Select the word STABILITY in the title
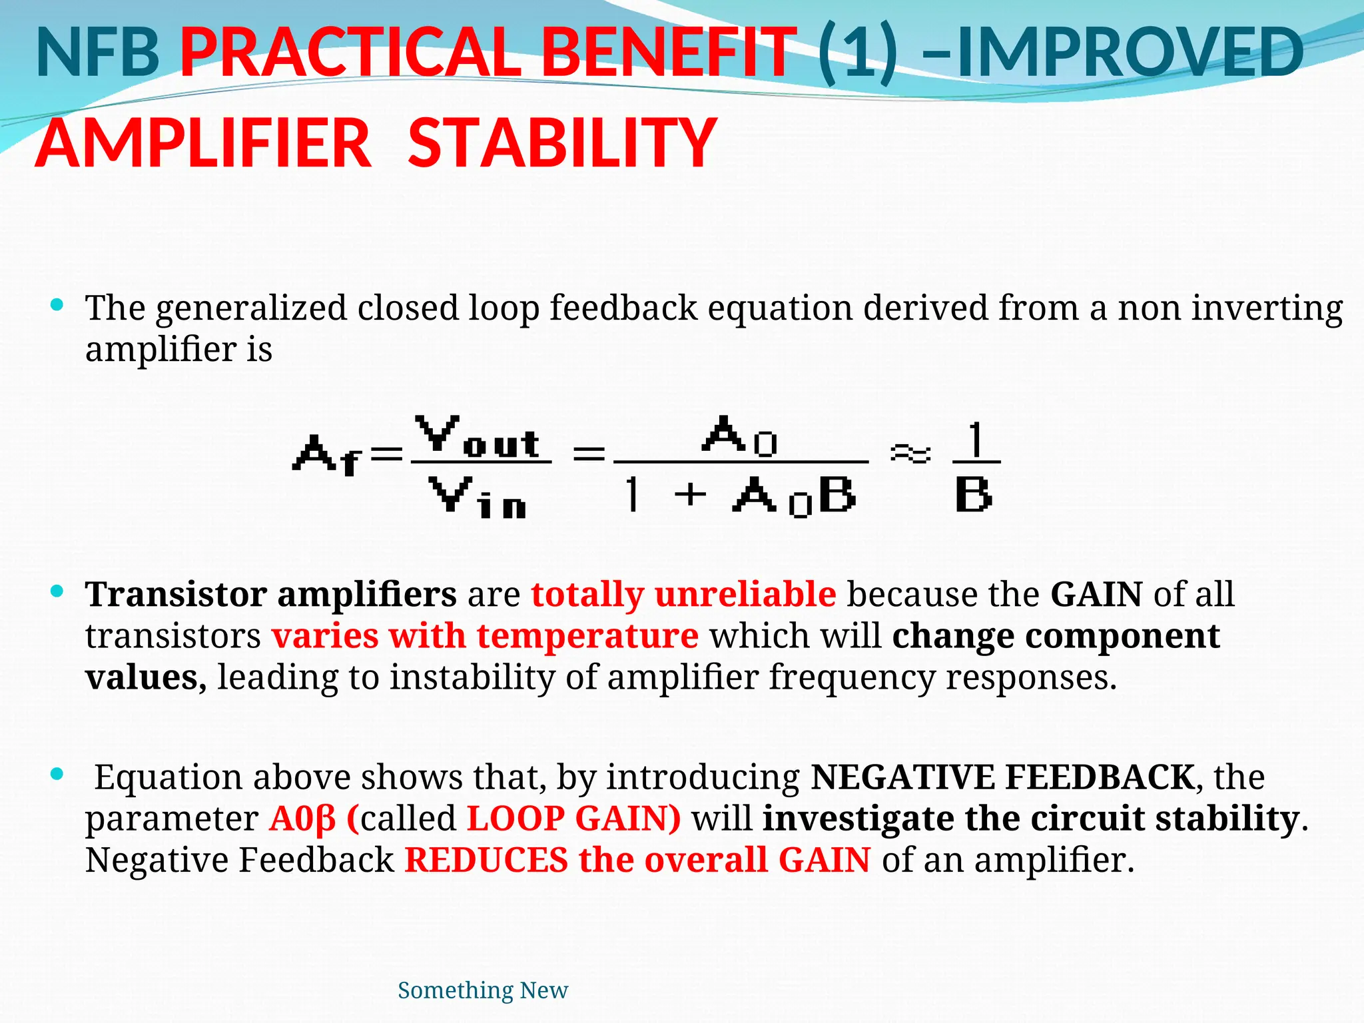tap(562, 143)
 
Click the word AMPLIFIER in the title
tap(203, 143)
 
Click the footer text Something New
tap(483, 990)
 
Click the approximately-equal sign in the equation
tap(910, 454)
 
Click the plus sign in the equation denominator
tap(690, 494)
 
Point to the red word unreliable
tap(745, 594)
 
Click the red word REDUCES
tap(486, 860)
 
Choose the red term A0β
tap(302, 819)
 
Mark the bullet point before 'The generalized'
tap(57, 306)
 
